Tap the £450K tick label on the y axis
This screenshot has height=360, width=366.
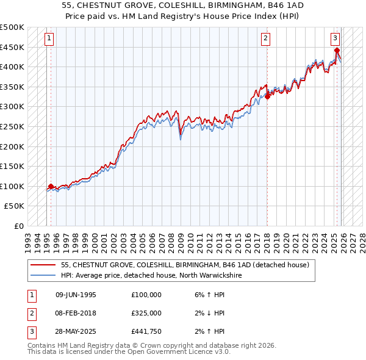[x=13, y=47]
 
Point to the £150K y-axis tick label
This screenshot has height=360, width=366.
[x=13, y=166]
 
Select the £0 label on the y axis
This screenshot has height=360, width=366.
[x=20, y=226]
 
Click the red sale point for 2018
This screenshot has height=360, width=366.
[x=267, y=96]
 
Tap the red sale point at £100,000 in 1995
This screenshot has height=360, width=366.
[x=51, y=186]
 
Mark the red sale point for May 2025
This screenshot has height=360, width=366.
[x=337, y=50]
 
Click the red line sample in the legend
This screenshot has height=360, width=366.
[x=44, y=265]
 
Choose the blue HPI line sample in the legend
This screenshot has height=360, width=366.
[x=44, y=276]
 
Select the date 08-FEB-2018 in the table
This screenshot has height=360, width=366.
[x=76, y=312]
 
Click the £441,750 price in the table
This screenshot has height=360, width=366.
[x=146, y=331]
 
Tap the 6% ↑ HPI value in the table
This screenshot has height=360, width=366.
[x=207, y=294]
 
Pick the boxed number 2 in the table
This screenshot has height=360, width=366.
[x=31, y=312]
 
